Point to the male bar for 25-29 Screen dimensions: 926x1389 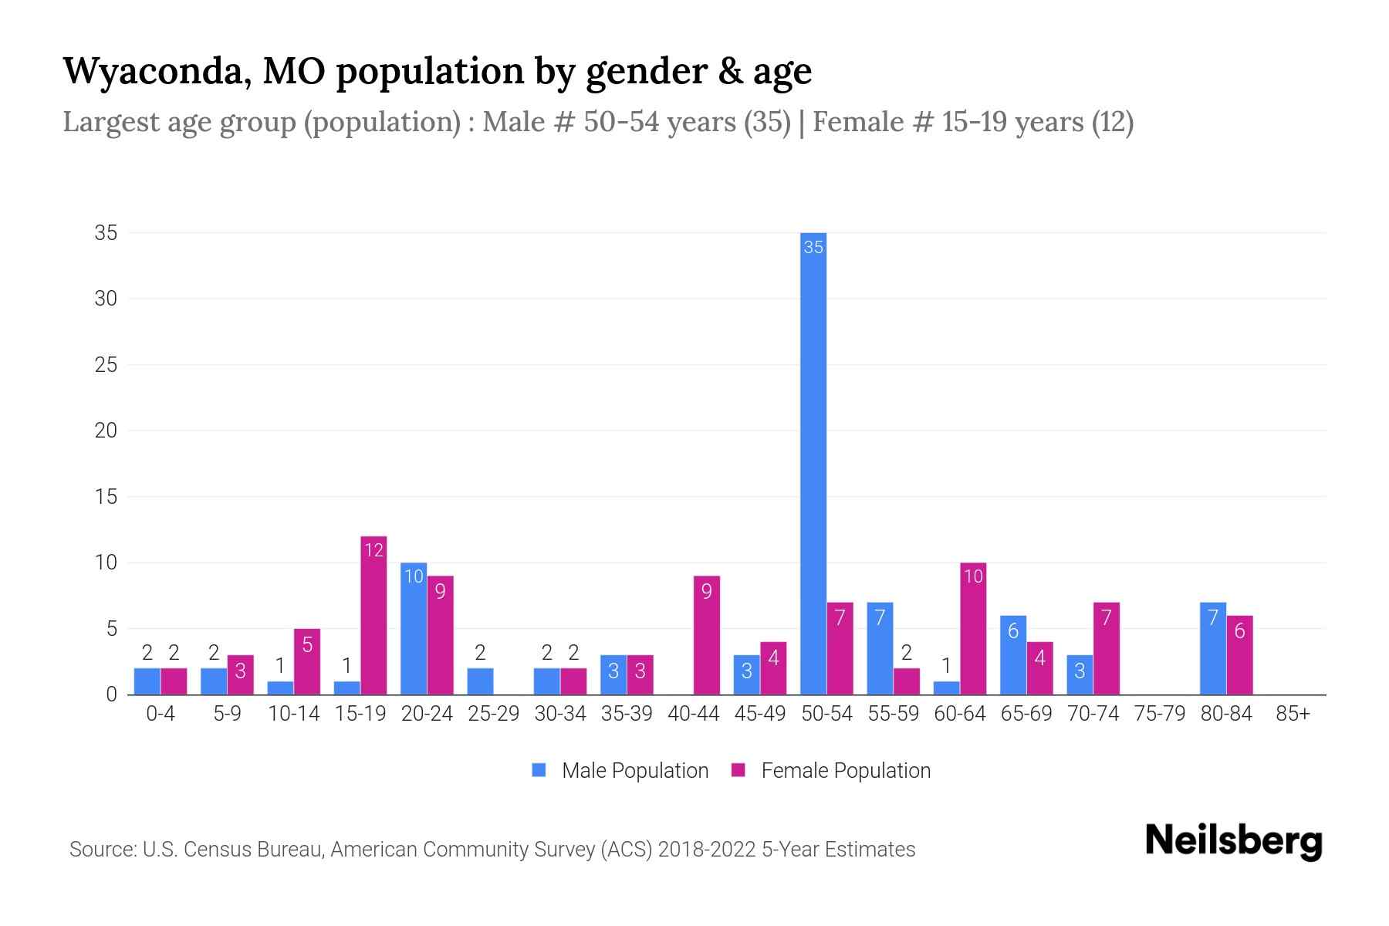click(x=480, y=681)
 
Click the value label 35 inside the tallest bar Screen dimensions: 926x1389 click(x=813, y=248)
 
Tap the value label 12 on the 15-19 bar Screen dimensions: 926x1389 click(x=373, y=550)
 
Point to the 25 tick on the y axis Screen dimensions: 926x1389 click(x=106, y=365)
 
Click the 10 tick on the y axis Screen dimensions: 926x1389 click(x=106, y=563)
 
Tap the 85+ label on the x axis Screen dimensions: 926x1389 click(x=1293, y=715)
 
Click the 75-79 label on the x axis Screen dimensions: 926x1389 click(x=1159, y=715)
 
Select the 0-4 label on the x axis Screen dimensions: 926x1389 click(x=161, y=715)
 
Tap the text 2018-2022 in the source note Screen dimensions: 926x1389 click(x=707, y=850)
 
